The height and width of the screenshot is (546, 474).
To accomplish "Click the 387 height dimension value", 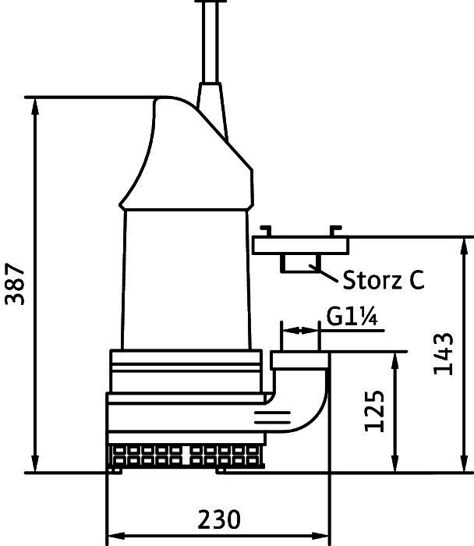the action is [x=15, y=284].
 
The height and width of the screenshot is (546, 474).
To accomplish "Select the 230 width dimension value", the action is [x=219, y=519].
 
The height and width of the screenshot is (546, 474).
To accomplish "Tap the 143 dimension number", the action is [x=444, y=354].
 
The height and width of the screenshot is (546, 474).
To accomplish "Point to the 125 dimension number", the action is [x=374, y=411].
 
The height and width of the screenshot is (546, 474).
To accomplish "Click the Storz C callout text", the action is [x=384, y=279].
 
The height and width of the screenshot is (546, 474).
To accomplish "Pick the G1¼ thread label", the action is [x=352, y=317].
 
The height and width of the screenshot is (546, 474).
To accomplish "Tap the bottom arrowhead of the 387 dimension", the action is [x=35, y=464].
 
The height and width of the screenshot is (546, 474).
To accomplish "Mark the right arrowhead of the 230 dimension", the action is [x=320, y=536].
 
